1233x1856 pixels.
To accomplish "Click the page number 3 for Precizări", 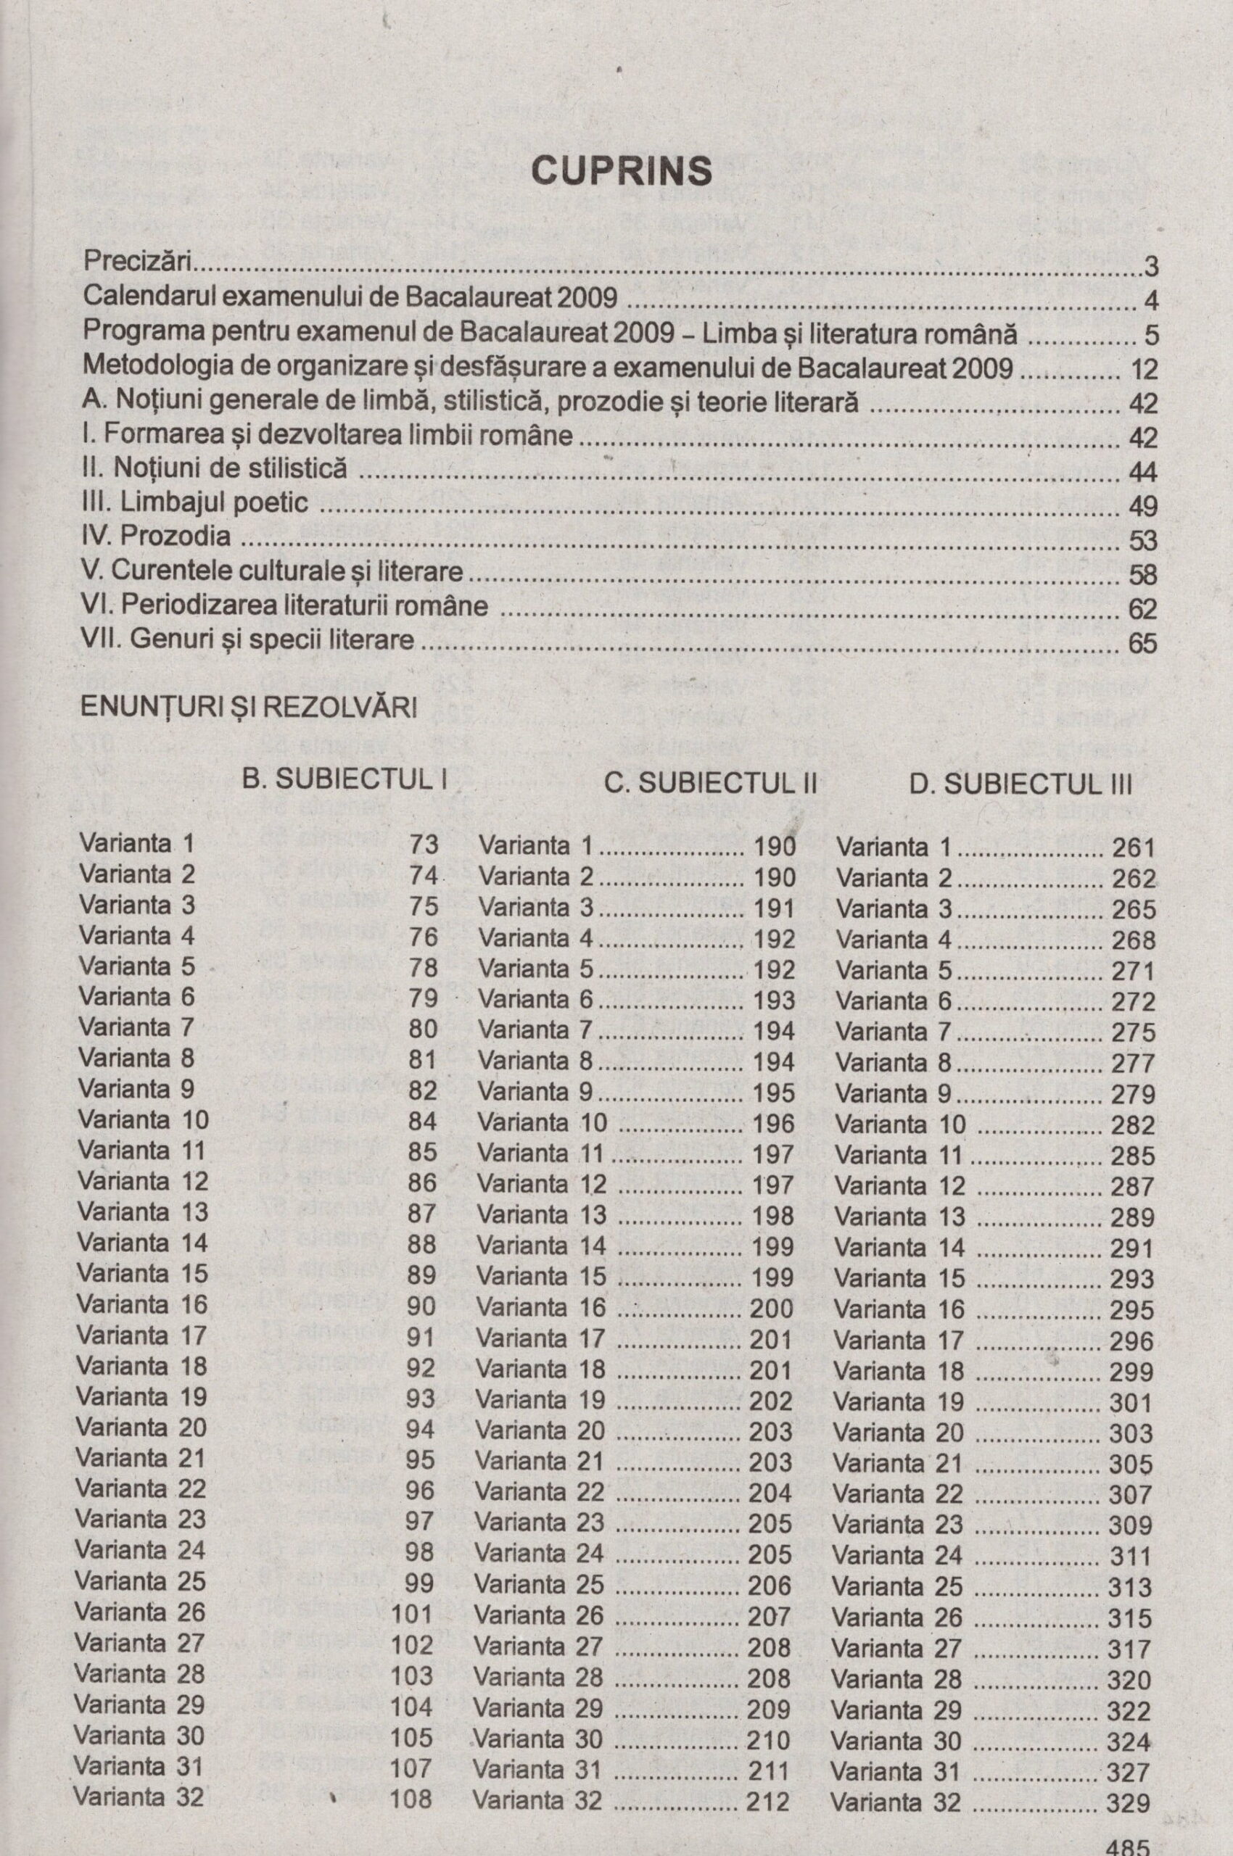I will coord(1150,268).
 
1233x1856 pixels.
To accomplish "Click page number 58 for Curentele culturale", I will coord(1142,575).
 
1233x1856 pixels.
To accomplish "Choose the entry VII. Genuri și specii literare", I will coord(248,640).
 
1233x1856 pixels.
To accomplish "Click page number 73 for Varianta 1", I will coord(424,845).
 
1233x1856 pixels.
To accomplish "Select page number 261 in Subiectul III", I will coord(1133,848).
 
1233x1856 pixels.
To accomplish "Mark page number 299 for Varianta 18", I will coord(1131,1372).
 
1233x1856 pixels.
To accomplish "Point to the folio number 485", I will coord(1128,1844).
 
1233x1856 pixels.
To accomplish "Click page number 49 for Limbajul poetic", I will coord(1142,507).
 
